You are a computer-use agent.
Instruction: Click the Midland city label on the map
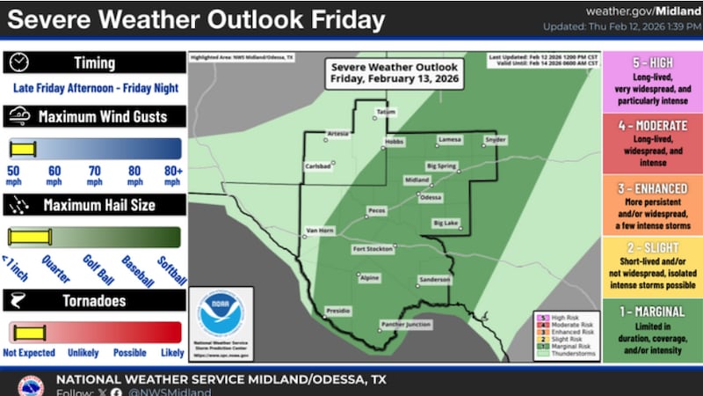[417, 180]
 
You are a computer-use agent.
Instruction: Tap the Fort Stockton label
[370, 249]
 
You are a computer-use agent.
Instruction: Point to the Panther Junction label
[405, 325]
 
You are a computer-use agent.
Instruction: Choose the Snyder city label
[496, 140]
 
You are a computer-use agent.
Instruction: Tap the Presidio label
[338, 311]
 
